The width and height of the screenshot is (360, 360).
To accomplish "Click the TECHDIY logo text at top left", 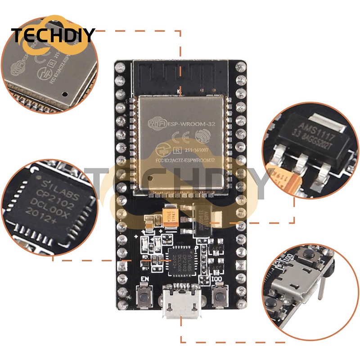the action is point(53,35).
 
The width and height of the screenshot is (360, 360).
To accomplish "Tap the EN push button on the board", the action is point(145,297).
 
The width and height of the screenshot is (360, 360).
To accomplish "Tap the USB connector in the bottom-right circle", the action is point(297,288).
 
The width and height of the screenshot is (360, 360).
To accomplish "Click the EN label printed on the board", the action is point(144,279).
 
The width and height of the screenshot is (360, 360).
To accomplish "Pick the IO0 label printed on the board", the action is point(218,279).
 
